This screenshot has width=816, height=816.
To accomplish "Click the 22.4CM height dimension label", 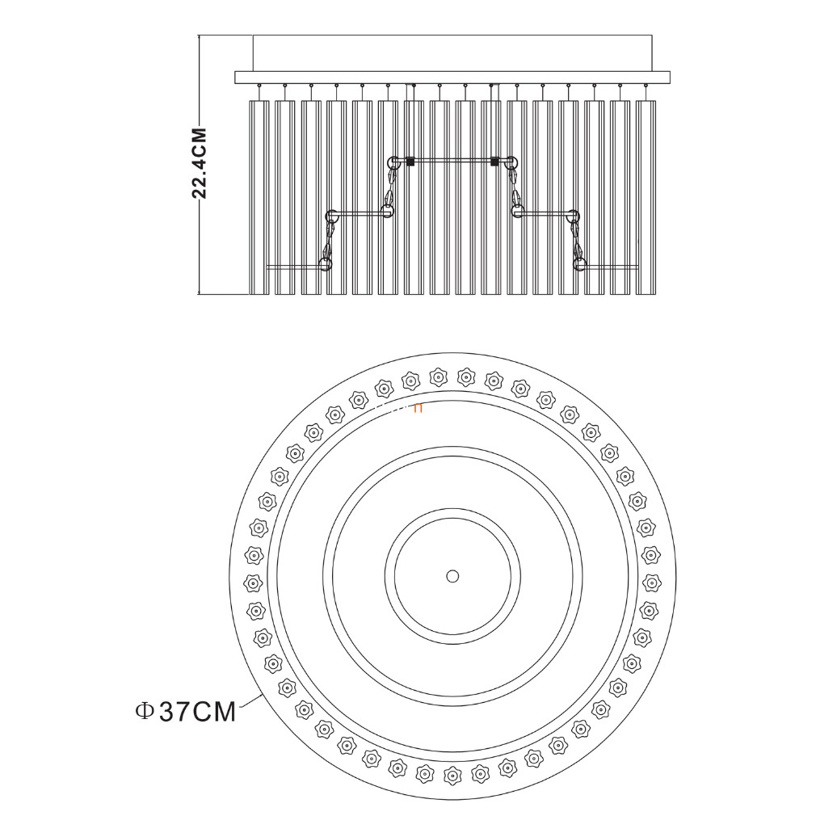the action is [x=200, y=163].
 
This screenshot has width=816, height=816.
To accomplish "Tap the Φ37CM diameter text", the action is [x=186, y=712].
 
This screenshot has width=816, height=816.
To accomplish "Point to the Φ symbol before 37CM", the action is [x=144, y=711].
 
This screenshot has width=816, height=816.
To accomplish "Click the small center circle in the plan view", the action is [x=452, y=576].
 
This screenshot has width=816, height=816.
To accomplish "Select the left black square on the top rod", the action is [x=410, y=162].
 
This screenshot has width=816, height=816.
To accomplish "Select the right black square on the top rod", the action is [x=494, y=162].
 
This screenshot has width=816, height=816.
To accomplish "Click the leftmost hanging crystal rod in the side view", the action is [x=259, y=197].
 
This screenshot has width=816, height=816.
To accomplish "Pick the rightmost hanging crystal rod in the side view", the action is [x=646, y=197].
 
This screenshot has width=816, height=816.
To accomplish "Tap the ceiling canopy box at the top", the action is [x=452, y=53].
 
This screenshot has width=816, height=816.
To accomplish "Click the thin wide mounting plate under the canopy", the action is [x=452, y=78].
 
